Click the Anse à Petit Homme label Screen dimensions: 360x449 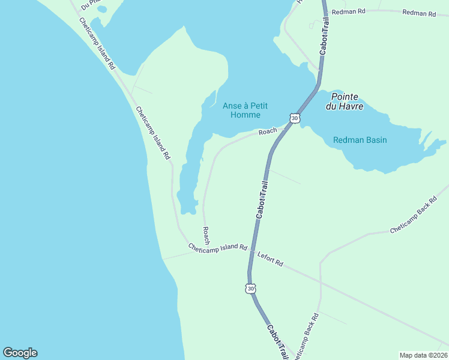[241, 110]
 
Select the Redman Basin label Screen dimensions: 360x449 [360, 140]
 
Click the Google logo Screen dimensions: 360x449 [20, 353]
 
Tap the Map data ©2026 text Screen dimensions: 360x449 [423, 355]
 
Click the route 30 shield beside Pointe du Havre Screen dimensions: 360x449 [294, 118]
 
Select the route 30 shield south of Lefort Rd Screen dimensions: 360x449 [251, 289]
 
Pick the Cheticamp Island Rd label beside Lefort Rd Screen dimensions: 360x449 [217, 247]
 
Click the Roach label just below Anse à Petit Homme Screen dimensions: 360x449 [268, 131]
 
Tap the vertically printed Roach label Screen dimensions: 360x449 [206, 235]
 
